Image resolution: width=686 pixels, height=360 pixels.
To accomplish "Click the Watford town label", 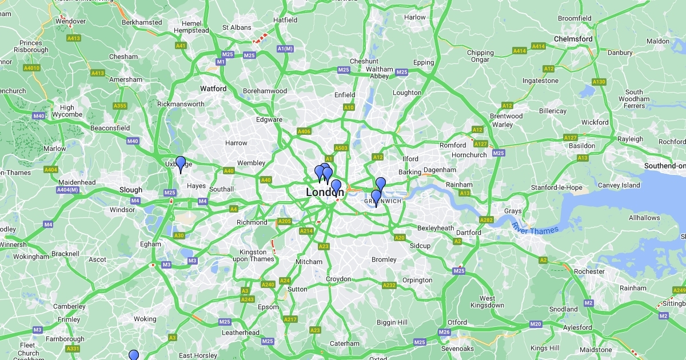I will pos(213,89).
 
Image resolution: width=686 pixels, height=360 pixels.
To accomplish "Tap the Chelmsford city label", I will pos(573,39).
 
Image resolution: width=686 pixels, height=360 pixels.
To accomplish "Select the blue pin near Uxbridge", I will pos(181,164).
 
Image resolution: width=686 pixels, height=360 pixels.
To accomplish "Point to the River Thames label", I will pos(536,230).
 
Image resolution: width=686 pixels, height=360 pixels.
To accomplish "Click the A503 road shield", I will pos(341,148).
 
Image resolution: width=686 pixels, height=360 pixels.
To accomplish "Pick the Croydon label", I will pos(338,279).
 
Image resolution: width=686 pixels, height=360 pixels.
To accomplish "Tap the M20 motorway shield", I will pos(535,324).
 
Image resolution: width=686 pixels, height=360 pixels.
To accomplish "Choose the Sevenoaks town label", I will pos(458,349).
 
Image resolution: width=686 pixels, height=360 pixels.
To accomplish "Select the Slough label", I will pos(131,190).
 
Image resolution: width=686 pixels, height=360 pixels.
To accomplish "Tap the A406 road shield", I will pos(304,131).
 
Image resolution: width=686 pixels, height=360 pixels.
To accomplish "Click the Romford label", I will pos(453,145).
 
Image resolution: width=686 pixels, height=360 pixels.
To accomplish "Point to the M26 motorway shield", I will pos(444,332).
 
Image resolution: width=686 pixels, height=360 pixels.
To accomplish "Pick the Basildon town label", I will pos(581,146).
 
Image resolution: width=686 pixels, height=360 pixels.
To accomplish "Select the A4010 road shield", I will pos(32,68).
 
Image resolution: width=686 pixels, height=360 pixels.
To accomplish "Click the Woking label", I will pos(145,319).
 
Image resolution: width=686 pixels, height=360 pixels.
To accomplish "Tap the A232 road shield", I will pos(389,285).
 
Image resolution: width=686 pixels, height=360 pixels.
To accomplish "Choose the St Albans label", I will pos(237,27).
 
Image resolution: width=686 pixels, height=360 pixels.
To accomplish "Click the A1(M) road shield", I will pos(285,49).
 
